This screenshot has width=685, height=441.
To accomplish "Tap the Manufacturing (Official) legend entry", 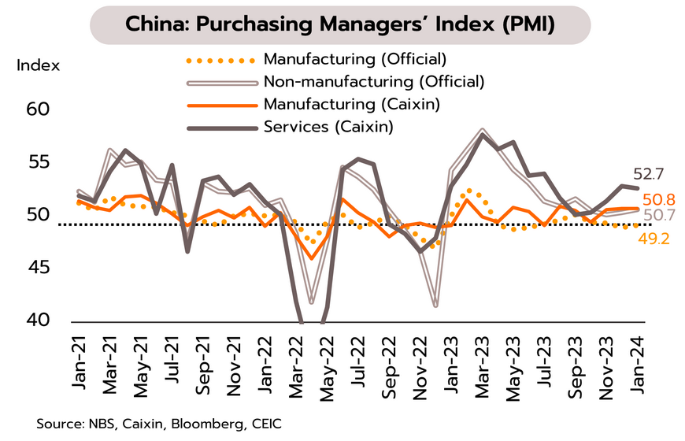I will tap(355, 59).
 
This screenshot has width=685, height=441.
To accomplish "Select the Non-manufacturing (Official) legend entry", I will tap(373, 81).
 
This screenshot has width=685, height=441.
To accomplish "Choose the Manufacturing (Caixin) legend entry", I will tap(351, 104).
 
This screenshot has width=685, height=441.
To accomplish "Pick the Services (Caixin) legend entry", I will tap(328, 126).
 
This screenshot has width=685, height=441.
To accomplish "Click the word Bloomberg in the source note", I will tap(205, 424).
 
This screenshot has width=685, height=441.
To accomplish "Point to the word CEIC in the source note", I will tap(263, 424).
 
